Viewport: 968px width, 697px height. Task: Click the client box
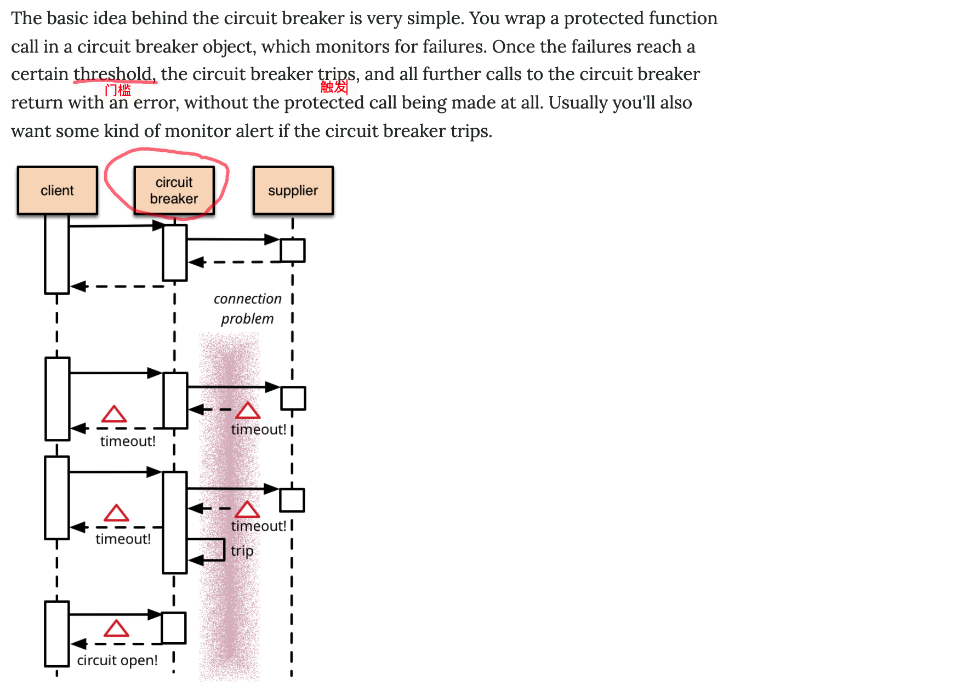pos(57,190)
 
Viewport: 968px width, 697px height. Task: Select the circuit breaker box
pos(174,190)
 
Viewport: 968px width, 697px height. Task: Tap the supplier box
pos(293,190)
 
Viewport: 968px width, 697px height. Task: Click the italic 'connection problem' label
pos(247,308)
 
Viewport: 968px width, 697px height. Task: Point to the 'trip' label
pos(242,550)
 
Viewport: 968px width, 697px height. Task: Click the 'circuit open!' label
pos(117,660)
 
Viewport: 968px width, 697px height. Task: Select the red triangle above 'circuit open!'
pos(116,629)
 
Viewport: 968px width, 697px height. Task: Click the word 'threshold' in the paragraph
pos(113,73)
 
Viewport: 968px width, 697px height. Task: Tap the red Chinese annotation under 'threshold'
pos(118,90)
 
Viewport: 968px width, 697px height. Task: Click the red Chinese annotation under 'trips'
pos(334,87)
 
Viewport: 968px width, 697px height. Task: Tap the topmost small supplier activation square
pos(293,250)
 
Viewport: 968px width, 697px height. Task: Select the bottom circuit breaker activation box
pos(174,628)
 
